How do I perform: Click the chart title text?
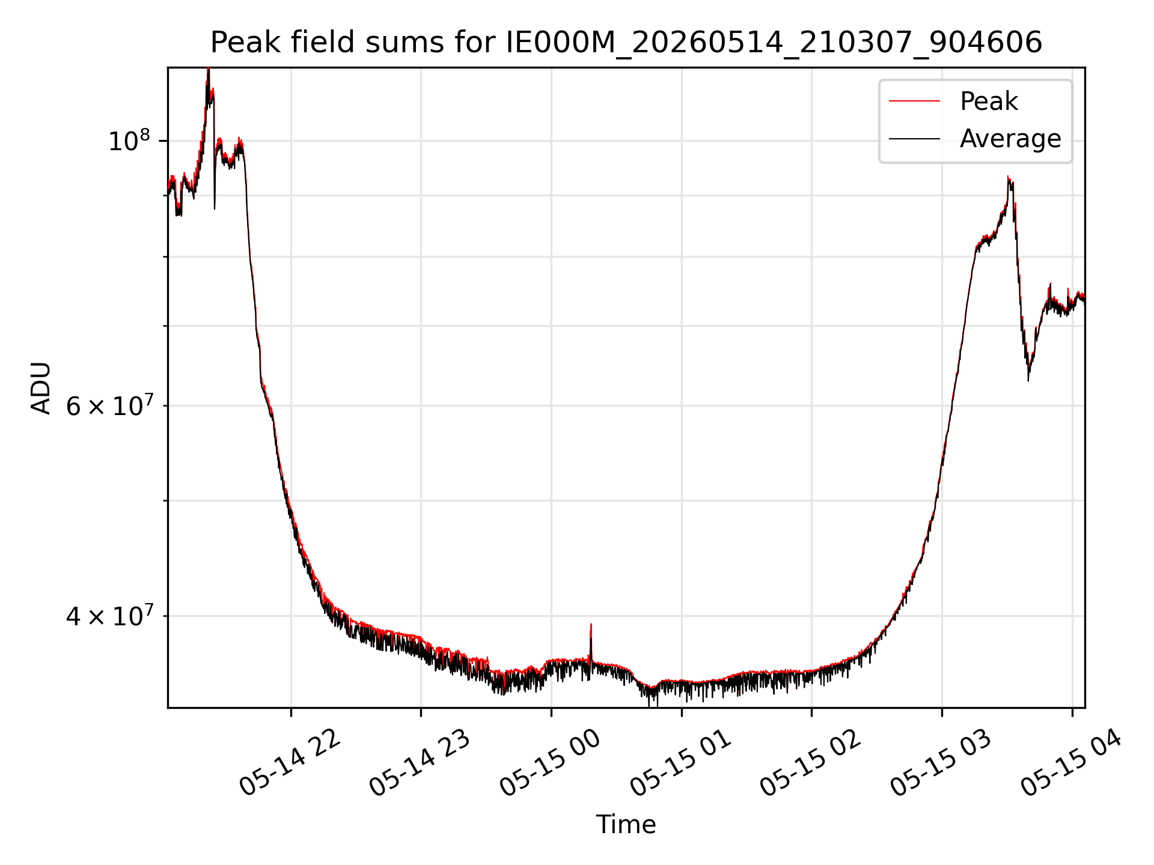point(626,43)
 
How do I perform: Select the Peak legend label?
point(989,102)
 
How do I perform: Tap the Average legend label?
point(1010,139)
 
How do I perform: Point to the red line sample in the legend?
point(914,102)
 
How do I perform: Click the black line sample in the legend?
point(914,139)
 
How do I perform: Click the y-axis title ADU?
point(41,388)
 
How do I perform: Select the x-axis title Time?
point(626,824)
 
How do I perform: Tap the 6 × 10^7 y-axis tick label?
point(108,405)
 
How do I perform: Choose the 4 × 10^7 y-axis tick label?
point(108,616)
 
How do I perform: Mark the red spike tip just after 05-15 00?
point(591,624)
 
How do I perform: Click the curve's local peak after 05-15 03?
point(1008,176)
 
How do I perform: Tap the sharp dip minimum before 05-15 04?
point(1028,380)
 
